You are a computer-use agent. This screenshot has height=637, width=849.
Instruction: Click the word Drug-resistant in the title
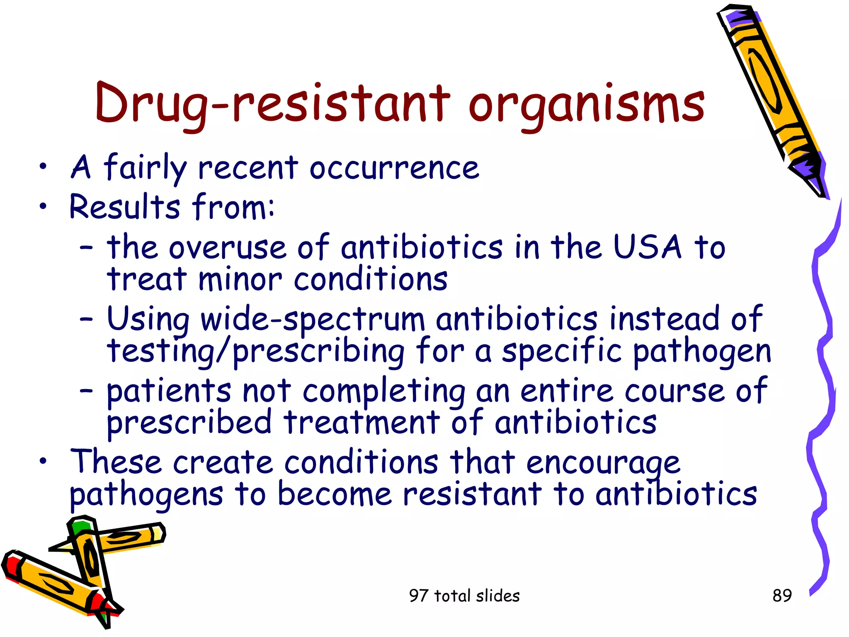pos(272,104)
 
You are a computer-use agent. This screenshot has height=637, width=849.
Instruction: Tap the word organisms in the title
pos(586,106)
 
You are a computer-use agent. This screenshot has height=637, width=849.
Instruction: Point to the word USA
pos(647,247)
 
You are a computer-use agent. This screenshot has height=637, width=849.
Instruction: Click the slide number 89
pos(782,596)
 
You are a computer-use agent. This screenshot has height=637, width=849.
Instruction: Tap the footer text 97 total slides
pos(464,596)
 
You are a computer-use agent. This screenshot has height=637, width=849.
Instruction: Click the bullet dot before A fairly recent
pos(43,168)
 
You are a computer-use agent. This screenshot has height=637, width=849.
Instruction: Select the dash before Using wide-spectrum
pos(86,320)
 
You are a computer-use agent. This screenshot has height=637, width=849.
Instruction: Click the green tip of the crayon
pos(80,528)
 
